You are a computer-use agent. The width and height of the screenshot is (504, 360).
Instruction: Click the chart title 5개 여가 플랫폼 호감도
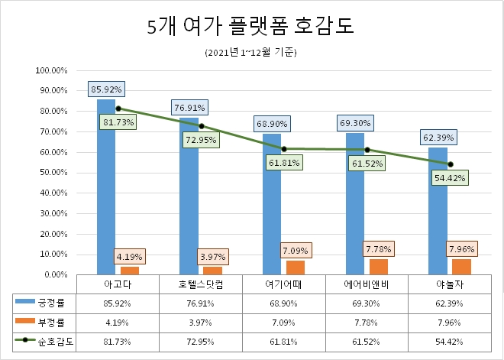tap(251, 28)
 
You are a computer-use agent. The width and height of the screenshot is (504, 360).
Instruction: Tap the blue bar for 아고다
tap(106, 191)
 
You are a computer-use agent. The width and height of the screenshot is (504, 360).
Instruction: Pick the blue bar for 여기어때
tap(272, 206)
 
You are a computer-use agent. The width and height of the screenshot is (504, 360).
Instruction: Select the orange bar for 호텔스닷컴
tap(212, 270)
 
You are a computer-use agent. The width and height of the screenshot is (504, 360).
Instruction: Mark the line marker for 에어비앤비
tap(367, 150)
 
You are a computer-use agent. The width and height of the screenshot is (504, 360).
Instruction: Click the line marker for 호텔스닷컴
tap(201, 126)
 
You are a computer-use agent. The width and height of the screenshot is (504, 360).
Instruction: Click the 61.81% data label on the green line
tap(284, 162)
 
